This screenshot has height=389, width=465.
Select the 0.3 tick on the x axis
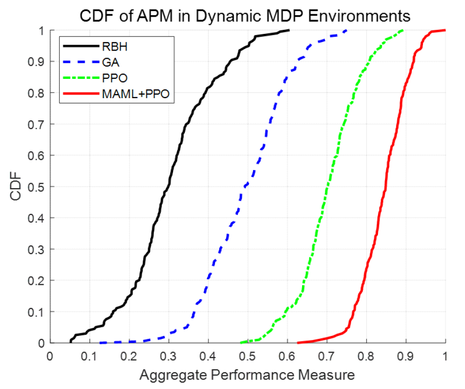point(168,356)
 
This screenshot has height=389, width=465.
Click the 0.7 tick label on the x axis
point(327,356)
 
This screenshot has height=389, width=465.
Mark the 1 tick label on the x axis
point(445,356)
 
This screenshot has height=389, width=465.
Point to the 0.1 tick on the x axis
point(89,356)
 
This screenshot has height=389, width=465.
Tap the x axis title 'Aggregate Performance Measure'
point(247,375)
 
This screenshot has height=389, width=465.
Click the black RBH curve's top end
point(288,30)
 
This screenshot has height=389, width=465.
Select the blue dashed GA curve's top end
point(347,30)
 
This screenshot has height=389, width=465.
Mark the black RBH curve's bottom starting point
point(70,342)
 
